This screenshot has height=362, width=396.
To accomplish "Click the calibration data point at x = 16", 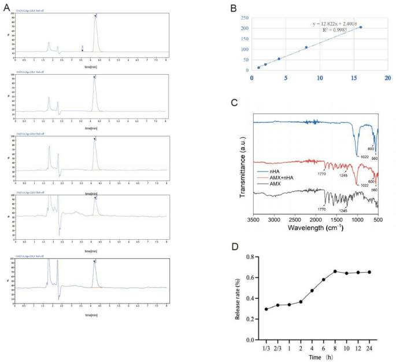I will pyautogui.click(x=361, y=27).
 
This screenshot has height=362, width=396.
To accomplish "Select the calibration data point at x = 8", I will pyautogui.click(x=306, y=47).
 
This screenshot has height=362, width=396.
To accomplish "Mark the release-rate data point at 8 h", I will pyautogui.click(x=335, y=271).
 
